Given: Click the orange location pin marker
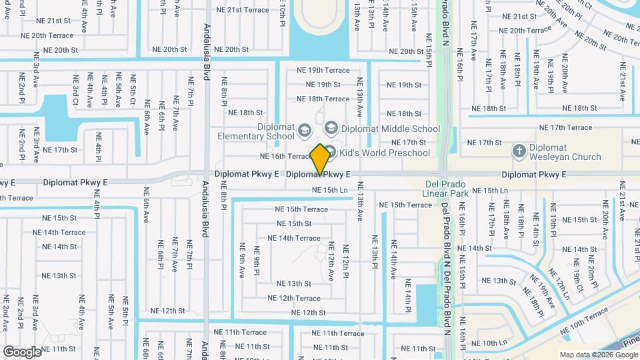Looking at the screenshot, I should click(320, 159).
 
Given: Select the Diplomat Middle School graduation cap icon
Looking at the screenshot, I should click(331, 128).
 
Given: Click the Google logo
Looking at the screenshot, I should click(22, 351).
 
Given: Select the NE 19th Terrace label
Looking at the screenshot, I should click(323, 70).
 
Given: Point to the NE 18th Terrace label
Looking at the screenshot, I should click(323, 99).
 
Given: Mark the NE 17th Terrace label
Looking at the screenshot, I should click(565, 127).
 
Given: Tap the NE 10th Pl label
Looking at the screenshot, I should click(282, 13).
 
